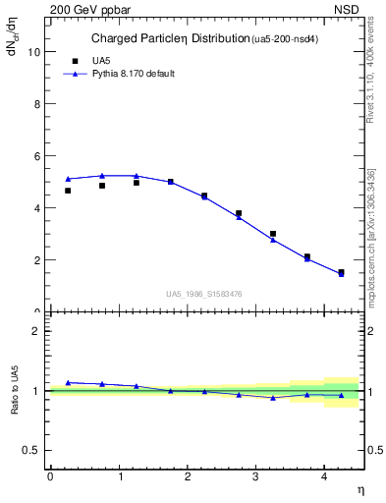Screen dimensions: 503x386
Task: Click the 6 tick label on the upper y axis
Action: (x=38, y=156)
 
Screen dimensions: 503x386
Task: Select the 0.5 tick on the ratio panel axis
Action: (x=33, y=450)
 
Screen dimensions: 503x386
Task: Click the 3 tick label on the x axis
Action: (x=256, y=476)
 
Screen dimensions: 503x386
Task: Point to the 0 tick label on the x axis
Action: (x=50, y=476)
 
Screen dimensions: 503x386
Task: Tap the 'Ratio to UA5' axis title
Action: (x=15, y=391)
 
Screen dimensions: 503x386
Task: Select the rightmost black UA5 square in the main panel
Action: (x=341, y=272)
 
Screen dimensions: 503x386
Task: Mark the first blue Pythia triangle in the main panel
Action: (x=68, y=179)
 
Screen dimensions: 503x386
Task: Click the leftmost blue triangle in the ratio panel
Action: (x=68, y=382)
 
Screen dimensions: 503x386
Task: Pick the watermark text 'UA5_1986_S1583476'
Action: (x=205, y=294)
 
